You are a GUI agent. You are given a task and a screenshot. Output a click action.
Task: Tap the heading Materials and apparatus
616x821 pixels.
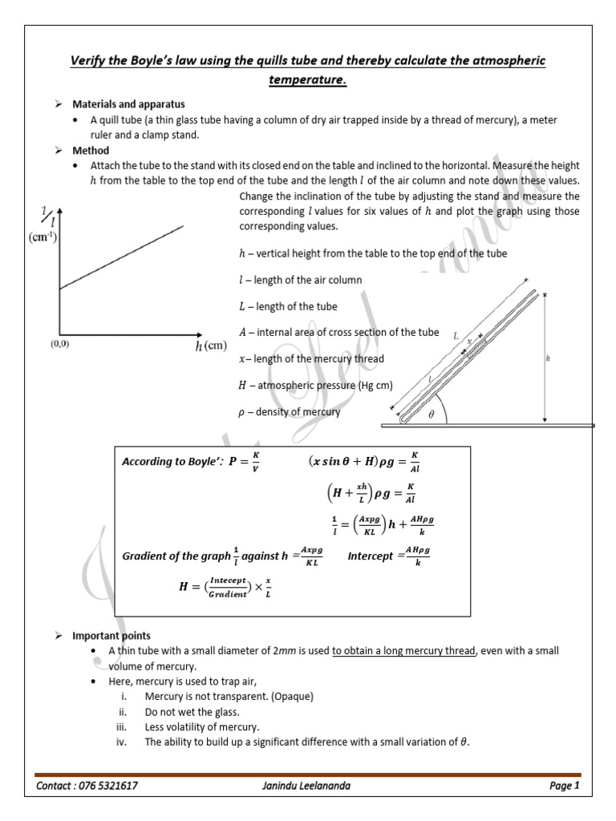[x=128, y=104]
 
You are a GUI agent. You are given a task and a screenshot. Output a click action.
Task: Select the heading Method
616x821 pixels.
[x=91, y=150]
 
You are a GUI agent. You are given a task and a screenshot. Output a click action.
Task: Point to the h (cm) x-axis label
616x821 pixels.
[x=211, y=346]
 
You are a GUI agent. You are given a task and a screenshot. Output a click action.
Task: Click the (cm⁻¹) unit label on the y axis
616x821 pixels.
[x=43, y=238]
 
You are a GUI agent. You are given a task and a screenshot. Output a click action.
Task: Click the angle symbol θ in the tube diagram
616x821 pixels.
[x=431, y=415]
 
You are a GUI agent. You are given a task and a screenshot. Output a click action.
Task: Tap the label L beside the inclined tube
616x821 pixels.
[x=456, y=338]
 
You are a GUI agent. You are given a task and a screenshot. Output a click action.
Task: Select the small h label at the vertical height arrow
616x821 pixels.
[x=548, y=358]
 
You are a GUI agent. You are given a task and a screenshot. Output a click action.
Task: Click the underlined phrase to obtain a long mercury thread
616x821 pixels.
[x=403, y=651]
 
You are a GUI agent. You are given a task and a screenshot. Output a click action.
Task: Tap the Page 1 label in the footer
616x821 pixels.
[x=564, y=786]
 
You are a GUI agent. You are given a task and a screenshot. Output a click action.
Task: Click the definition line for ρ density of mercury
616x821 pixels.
[x=290, y=412]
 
